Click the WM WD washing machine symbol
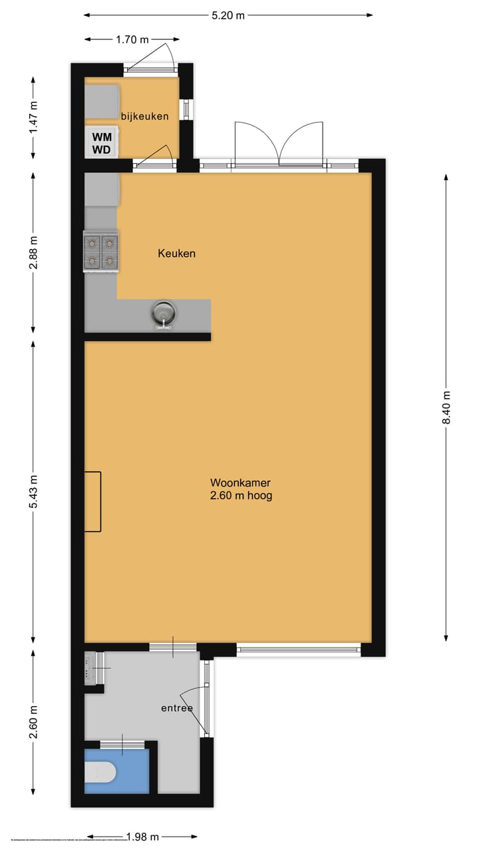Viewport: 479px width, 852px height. (x=102, y=142)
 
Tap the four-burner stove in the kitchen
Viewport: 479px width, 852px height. (x=101, y=252)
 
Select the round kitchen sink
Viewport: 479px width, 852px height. (x=163, y=313)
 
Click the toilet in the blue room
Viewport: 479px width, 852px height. (x=102, y=772)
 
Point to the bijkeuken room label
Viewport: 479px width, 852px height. (x=144, y=116)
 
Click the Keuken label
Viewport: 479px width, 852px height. (x=176, y=254)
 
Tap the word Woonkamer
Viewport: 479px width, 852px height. (x=240, y=483)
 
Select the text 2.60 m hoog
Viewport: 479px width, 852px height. (x=240, y=496)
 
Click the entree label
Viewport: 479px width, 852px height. (x=177, y=708)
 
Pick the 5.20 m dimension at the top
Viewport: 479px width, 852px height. (x=228, y=15)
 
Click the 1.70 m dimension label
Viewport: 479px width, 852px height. (x=132, y=39)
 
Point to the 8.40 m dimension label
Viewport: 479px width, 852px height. (x=446, y=407)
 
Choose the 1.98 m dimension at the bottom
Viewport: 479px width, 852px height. (x=142, y=837)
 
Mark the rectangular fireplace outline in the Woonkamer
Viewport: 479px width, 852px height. (x=92, y=501)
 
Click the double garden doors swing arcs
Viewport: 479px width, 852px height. (x=279, y=143)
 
